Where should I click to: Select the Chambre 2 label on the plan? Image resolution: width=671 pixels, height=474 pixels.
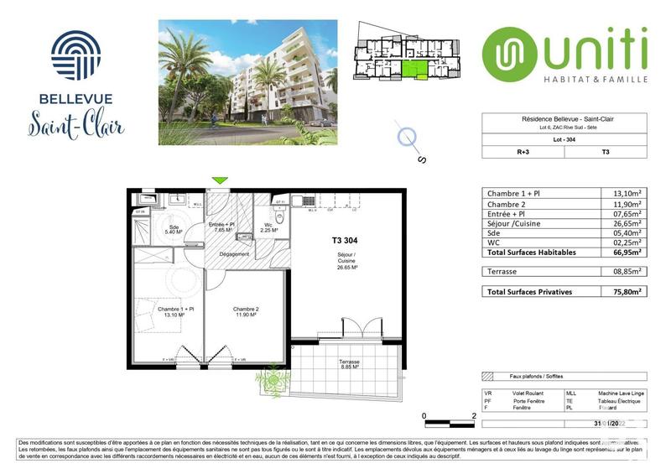coord(245,312)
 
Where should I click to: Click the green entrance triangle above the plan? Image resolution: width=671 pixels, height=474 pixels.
coord(220,180)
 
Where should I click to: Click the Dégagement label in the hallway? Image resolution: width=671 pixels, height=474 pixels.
coord(235,253)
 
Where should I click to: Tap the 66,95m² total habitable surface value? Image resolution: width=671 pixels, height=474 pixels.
coord(626,251)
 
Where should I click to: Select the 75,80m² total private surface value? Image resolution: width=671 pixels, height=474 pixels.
coord(626,291)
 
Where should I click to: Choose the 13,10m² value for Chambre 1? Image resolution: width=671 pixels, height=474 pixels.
coord(627,194)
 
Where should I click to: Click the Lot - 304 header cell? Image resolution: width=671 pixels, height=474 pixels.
coord(564,139)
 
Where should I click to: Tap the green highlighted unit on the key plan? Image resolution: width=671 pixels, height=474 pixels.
coord(414,71)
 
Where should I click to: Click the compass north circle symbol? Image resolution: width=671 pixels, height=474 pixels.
coord(408,136)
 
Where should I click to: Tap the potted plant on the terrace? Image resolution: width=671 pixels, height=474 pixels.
coord(272,381)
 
